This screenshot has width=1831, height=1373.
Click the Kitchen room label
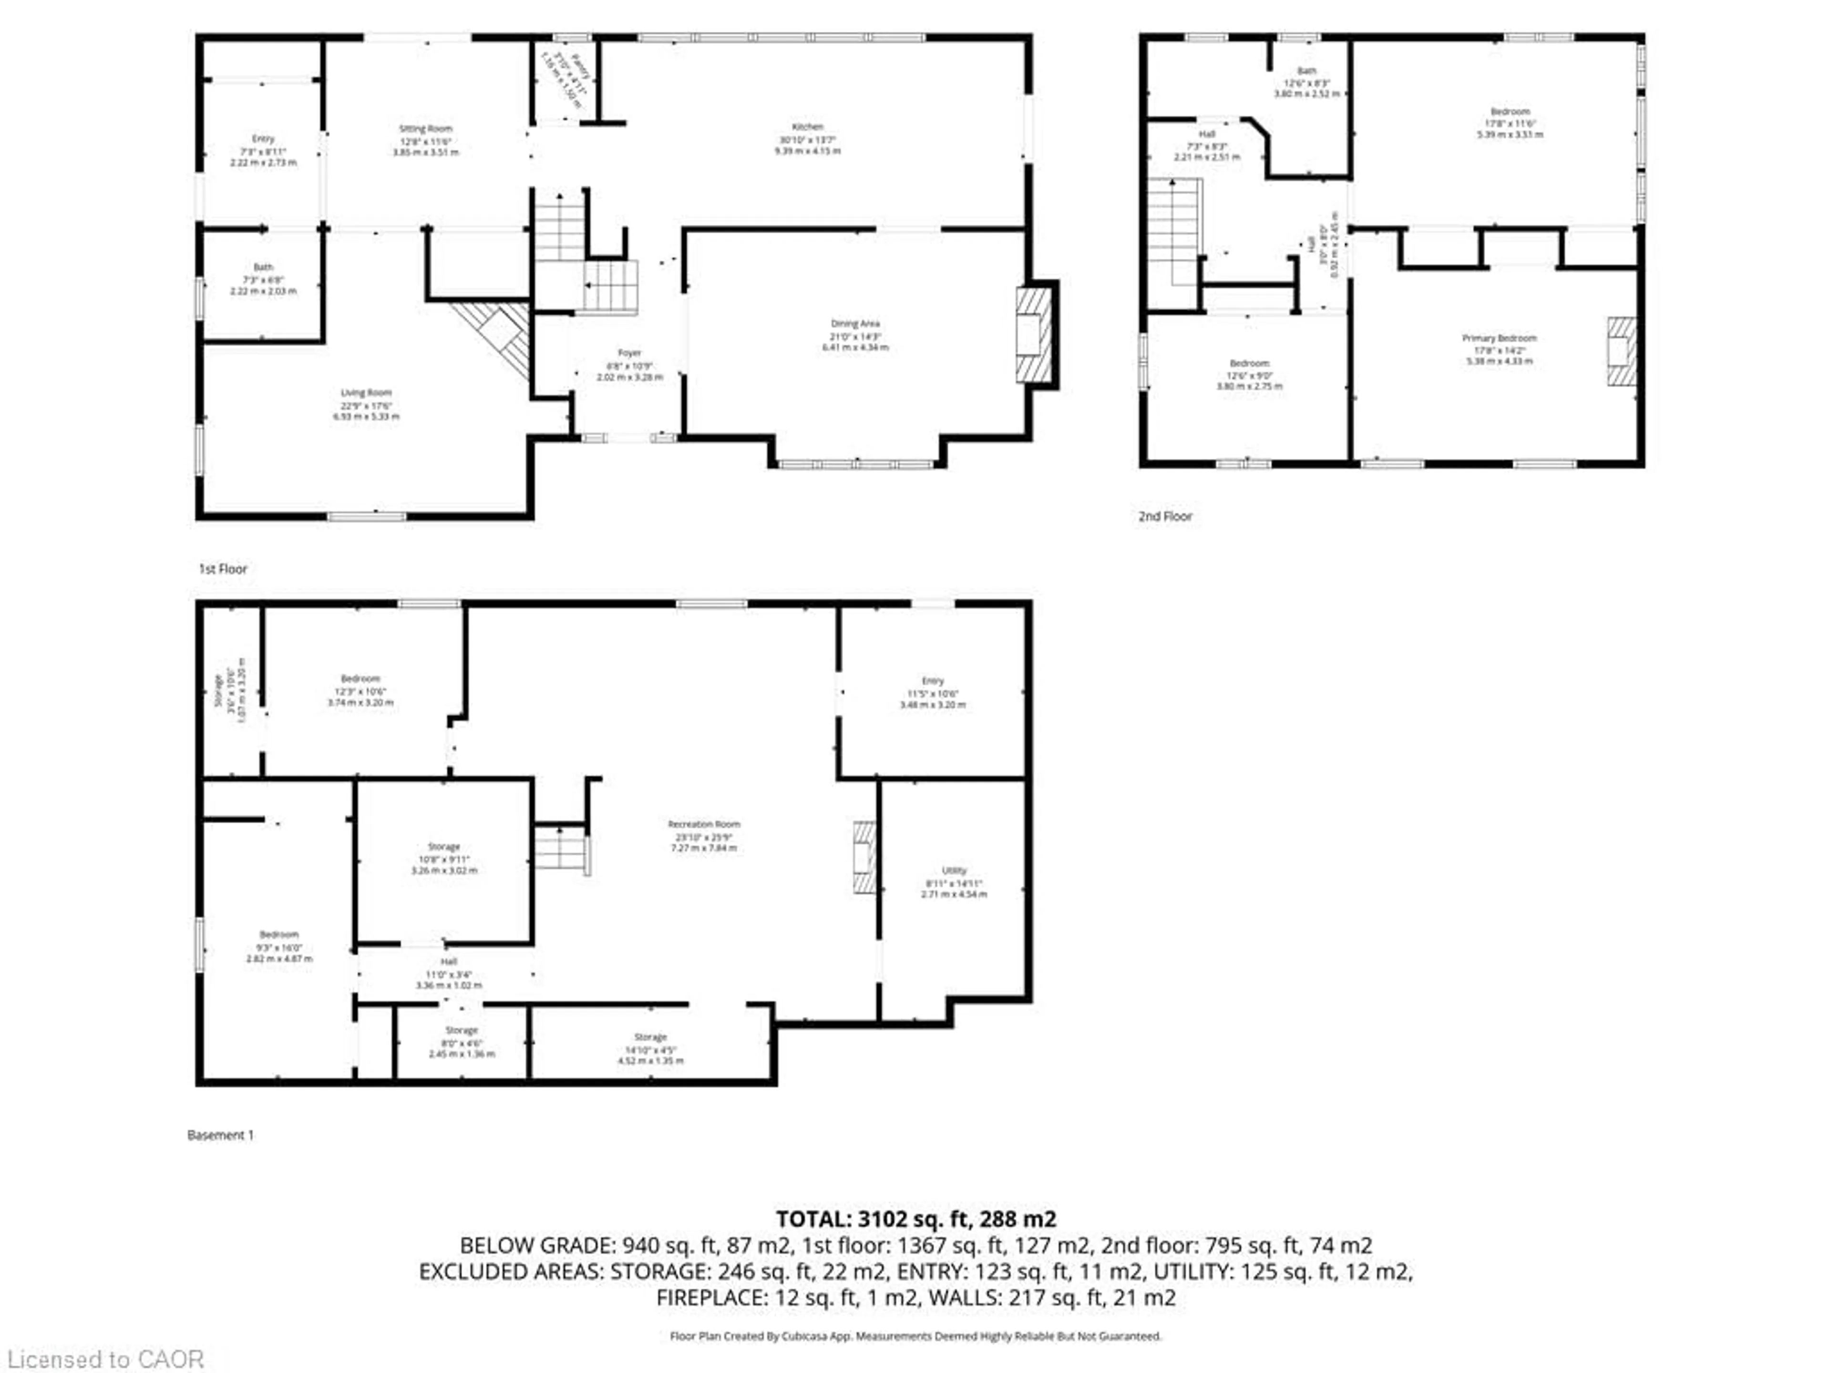pos(807,127)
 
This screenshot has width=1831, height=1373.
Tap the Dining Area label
pos(855,324)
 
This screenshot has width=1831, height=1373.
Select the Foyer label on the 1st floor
pos(629,353)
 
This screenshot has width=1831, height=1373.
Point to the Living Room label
pos(366,393)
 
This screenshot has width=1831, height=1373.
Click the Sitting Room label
pos(425,129)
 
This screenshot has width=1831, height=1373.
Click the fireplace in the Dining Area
pos(1033,335)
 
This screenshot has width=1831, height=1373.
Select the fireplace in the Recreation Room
pos(864,857)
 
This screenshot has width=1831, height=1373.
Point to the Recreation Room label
pos(704,824)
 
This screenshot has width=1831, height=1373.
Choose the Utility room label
pos(954,871)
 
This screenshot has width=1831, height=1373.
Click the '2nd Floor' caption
pos(1165,516)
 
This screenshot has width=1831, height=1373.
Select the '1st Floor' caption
pos(223,569)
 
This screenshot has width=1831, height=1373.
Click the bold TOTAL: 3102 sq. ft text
pos(915,1219)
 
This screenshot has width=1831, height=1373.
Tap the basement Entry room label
pos(932,681)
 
